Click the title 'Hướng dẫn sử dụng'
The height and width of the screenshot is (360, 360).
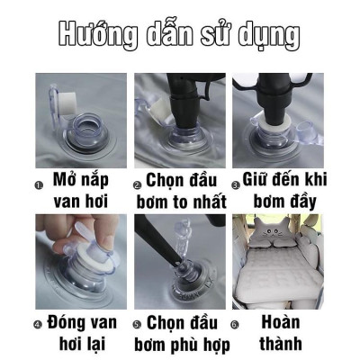180,33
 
